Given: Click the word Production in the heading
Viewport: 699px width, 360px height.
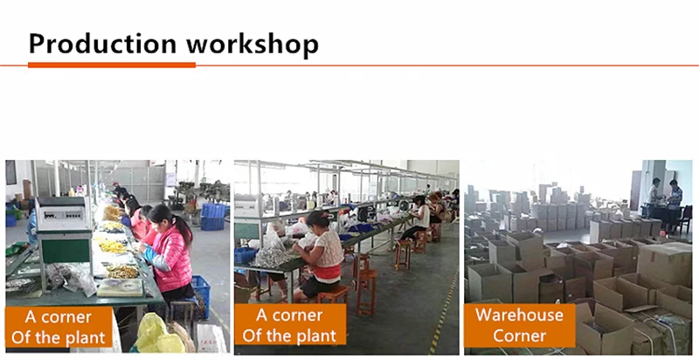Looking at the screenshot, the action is point(102,44).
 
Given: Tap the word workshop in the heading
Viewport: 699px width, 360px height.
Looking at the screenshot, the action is point(253,44).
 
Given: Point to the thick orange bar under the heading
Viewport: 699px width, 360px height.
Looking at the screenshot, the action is point(112,65).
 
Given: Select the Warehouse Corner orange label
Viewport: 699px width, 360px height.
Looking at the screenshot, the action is point(519,325).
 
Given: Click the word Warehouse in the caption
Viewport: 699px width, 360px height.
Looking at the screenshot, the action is point(519,315).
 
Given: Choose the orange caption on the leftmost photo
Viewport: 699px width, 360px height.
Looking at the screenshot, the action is point(59,327).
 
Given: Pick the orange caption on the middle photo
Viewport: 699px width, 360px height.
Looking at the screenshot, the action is point(290,325).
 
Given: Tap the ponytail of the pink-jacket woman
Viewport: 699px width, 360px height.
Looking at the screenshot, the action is point(183,227).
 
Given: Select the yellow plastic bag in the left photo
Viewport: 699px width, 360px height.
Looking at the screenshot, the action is point(156,333).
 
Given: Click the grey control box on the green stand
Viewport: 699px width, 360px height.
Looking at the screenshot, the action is point(63,214).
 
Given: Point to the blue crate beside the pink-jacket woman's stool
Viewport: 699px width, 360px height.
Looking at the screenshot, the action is point(202,295).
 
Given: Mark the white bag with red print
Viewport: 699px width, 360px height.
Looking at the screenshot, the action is point(211,338).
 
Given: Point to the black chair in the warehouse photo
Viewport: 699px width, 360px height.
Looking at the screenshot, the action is point(684,220).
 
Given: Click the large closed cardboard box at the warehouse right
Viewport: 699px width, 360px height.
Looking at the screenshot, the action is point(664,264).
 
